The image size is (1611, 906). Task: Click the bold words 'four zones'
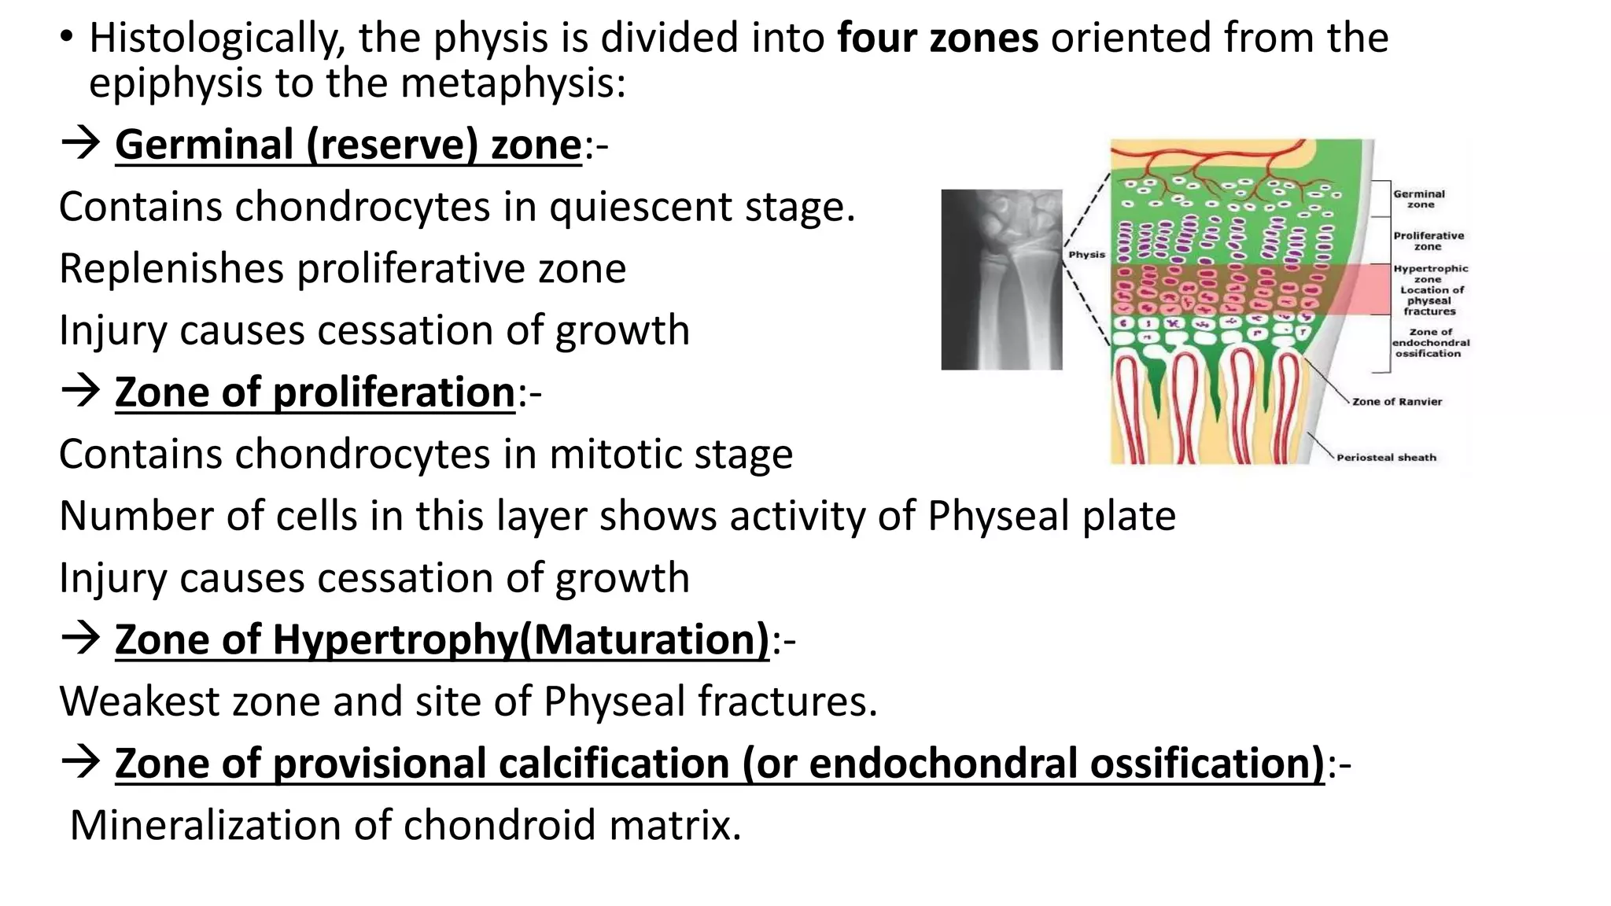coord(938,38)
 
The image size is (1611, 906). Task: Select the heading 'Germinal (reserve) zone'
coord(348,145)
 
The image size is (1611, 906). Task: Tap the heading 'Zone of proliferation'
coord(315,392)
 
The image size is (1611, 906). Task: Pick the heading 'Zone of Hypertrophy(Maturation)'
coord(442,639)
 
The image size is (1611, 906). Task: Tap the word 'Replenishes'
coord(171,268)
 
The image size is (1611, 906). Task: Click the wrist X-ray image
coord(1001,279)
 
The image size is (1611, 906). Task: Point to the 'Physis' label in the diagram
coord(1086,255)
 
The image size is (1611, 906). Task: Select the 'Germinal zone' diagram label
coord(1419,199)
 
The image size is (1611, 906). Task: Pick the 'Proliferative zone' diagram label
coord(1429,241)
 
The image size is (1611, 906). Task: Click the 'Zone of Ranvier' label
coord(1397,402)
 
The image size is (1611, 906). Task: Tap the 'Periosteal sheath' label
coord(1386,458)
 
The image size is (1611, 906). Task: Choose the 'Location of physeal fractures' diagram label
coord(1431,300)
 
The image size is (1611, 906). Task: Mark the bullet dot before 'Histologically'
coord(67,37)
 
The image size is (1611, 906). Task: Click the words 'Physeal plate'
coord(1052,516)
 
